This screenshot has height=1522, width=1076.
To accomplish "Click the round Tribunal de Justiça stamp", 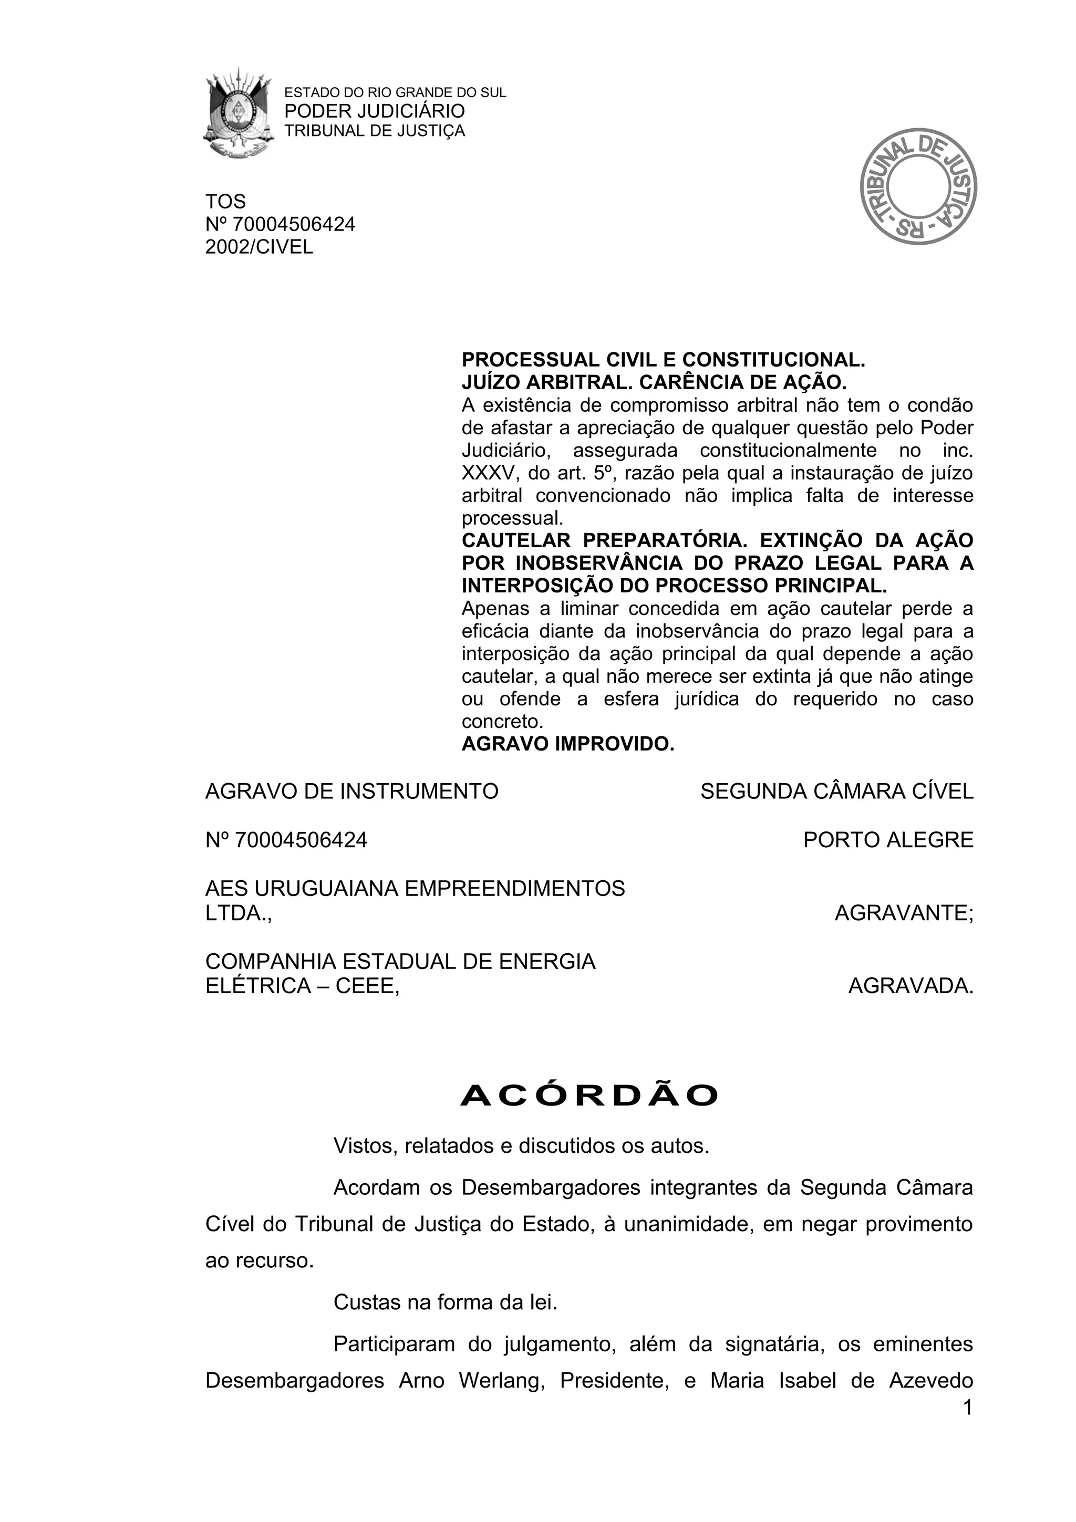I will [918, 186].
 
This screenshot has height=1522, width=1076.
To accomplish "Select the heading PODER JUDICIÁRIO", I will [375, 111].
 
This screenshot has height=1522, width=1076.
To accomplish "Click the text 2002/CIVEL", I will [259, 247].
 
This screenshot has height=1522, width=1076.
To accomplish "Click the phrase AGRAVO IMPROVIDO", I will [567, 744].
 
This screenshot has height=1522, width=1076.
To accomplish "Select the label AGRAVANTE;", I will [904, 913].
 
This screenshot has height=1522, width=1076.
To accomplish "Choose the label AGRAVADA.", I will [911, 986].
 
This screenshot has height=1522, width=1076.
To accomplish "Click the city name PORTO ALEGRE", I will [888, 840].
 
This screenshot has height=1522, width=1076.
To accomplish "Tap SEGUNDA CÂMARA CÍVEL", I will [836, 791].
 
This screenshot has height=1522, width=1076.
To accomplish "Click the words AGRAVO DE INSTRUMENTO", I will [351, 791].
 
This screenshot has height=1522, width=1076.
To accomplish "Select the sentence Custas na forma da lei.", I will [446, 1302].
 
